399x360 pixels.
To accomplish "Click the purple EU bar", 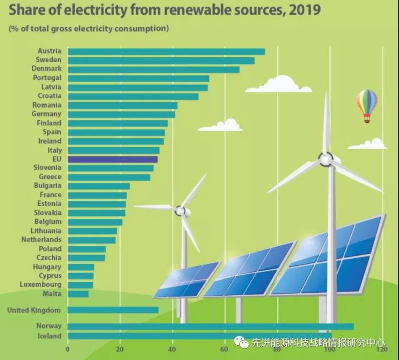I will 112,160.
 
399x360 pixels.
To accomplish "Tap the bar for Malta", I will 78,294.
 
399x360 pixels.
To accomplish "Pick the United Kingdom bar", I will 113,310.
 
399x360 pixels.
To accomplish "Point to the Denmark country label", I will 46,69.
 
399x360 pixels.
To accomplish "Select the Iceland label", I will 49,336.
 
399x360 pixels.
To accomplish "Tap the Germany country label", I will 46,114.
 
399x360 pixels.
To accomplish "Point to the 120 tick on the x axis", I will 382,350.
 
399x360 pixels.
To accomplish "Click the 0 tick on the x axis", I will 68,350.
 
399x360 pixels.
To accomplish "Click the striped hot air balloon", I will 367,105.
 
